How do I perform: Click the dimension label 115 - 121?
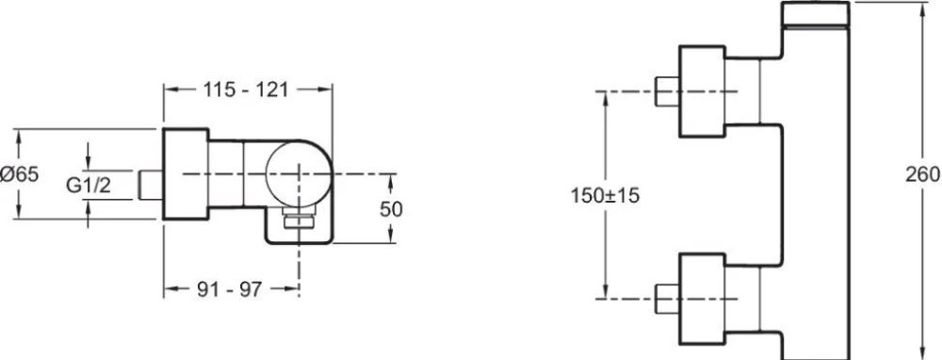tap(245, 90)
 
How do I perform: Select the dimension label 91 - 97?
tap(230, 289)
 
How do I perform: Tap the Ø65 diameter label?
tap(19, 175)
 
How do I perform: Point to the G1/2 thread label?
tap(89, 187)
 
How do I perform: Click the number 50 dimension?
tap(391, 208)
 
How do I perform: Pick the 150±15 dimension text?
tap(605, 195)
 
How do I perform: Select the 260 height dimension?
tap(923, 174)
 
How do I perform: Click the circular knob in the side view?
tap(298, 173)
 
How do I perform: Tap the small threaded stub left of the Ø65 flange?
tap(151, 185)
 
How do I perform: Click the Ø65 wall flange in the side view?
tap(186, 174)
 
